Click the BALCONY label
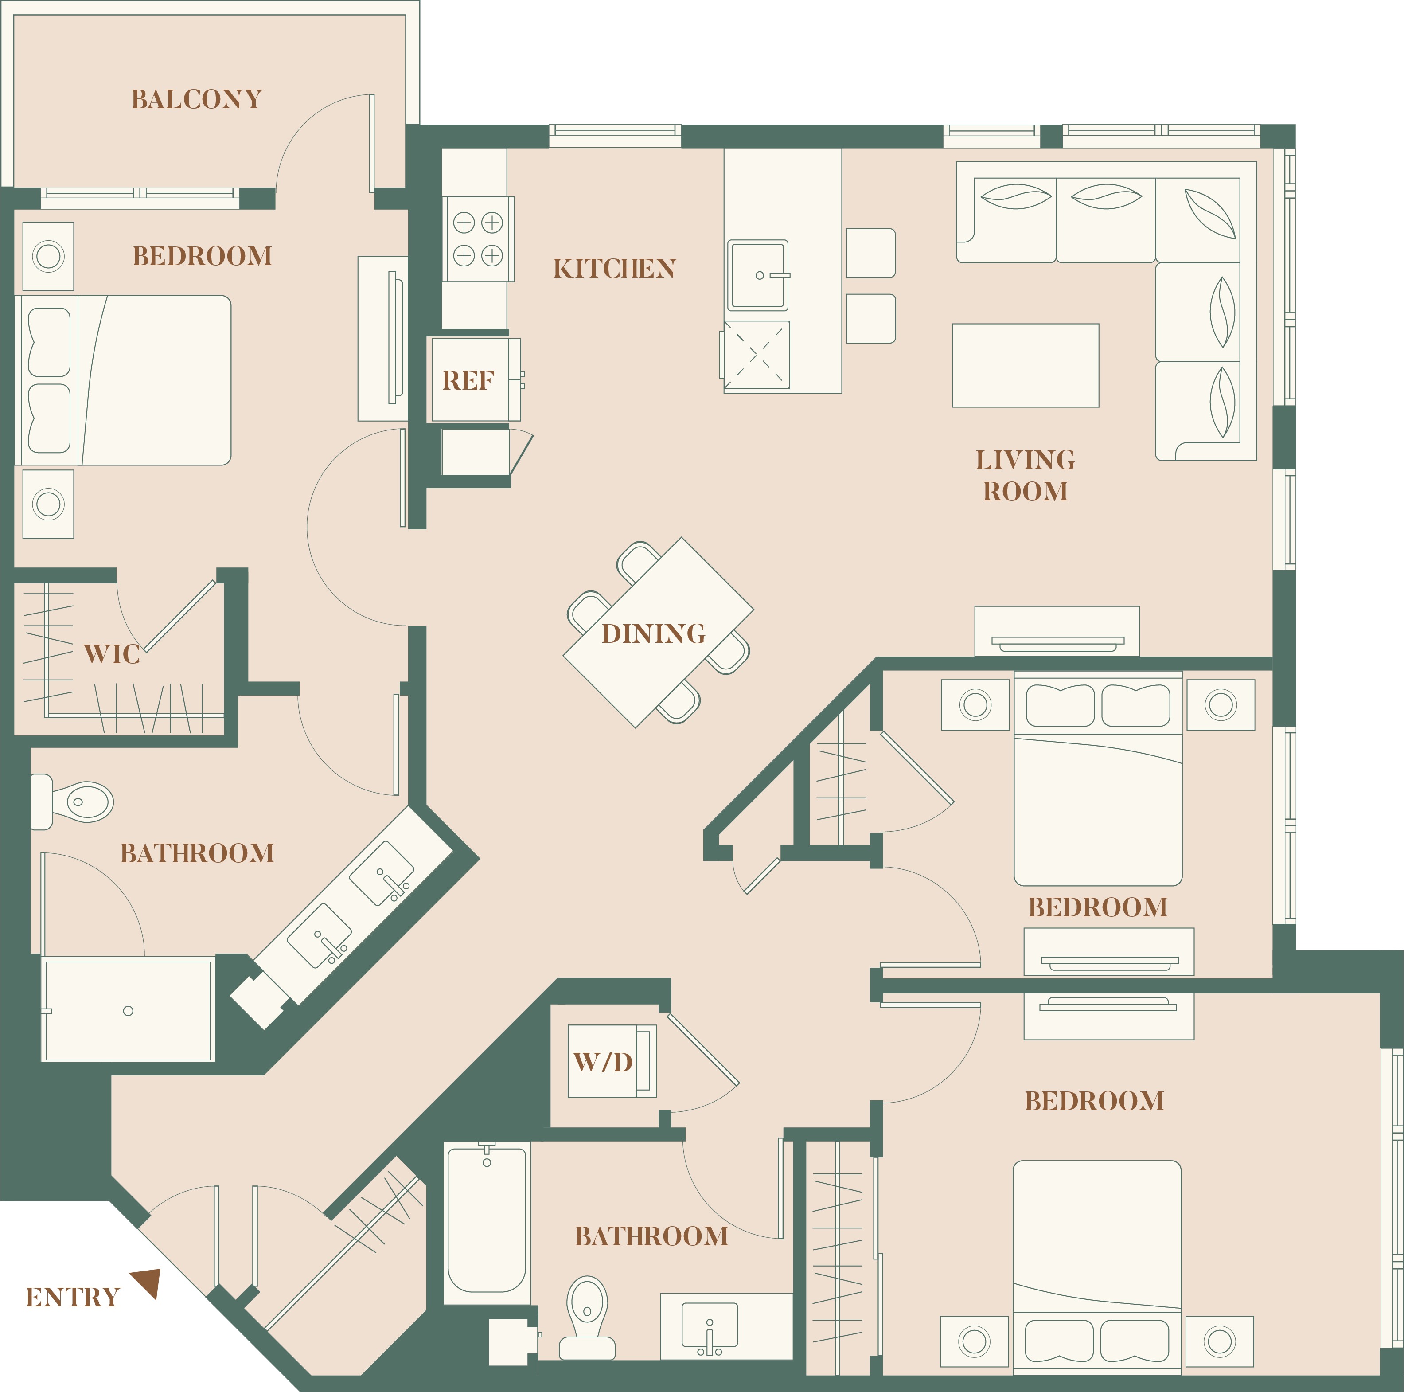click(196, 99)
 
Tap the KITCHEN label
click(614, 268)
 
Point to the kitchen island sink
click(758, 275)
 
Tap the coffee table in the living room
click(1026, 366)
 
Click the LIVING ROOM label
click(1026, 475)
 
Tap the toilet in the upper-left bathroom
click(72, 802)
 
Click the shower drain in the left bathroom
click(128, 1010)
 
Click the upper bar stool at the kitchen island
click(870, 253)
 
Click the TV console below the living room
click(1057, 631)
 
